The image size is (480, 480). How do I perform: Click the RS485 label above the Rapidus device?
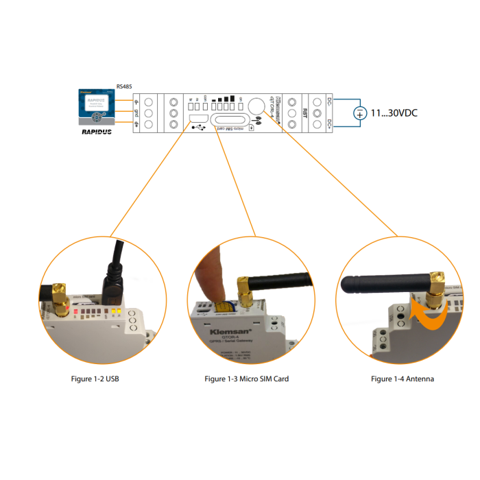tap(124, 86)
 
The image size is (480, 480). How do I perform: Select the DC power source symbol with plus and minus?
tap(359, 113)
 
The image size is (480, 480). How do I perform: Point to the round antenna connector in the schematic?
tap(256, 106)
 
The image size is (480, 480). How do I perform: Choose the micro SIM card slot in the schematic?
tap(232, 121)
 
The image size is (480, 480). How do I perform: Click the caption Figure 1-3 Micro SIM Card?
tap(247, 379)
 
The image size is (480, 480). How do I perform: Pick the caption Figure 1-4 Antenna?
tap(403, 379)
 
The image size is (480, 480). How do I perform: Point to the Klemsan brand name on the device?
tap(214, 331)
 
